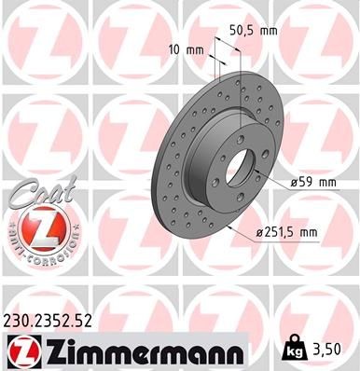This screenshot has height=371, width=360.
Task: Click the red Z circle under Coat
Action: coord(38,226)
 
